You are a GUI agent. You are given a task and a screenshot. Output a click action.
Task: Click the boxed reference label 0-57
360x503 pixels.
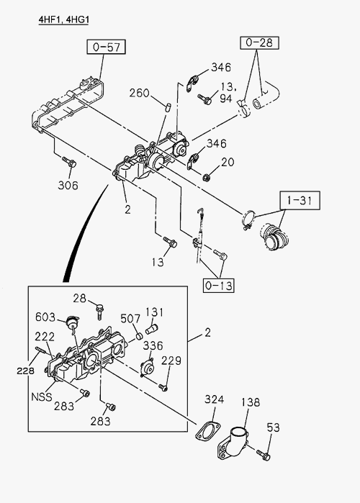pyautogui.click(x=106, y=47)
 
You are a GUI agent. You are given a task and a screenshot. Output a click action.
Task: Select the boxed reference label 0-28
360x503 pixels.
pyautogui.click(x=259, y=42)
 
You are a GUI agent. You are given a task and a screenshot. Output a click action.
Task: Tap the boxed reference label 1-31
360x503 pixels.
pyautogui.click(x=300, y=201)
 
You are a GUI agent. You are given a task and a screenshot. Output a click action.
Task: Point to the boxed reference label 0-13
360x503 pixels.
pyautogui.click(x=218, y=285)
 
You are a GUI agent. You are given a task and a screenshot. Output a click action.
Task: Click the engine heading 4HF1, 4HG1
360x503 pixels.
pyautogui.click(x=63, y=20)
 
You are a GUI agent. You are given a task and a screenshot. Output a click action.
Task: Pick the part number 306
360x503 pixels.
pyautogui.click(x=68, y=185)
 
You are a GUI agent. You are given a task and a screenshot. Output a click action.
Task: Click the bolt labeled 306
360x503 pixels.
pyautogui.click(x=69, y=162)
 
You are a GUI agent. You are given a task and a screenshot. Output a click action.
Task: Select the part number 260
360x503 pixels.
pyautogui.click(x=139, y=93)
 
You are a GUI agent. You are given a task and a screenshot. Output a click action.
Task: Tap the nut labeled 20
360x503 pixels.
pyautogui.click(x=207, y=176)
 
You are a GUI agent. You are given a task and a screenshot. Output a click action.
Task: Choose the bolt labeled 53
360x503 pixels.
pyautogui.click(x=263, y=455)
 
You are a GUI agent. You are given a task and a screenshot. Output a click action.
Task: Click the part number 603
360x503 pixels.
pyautogui.click(x=45, y=317)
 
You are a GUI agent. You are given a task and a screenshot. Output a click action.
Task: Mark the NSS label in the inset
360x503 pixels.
pyautogui.click(x=41, y=396)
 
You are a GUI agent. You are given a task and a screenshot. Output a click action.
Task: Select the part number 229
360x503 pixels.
pyautogui.click(x=171, y=361)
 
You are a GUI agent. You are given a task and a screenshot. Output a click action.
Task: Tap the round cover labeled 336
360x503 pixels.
pyautogui.click(x=148, y=368)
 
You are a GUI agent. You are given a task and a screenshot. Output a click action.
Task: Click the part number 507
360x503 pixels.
pyautogui.click(x=130, y=319)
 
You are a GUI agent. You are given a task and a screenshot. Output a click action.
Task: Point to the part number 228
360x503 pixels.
pyautogui.click(x=25, y=371)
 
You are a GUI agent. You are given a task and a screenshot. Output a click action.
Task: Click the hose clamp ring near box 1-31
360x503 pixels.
pyautogui.click(x=248, y=219)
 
